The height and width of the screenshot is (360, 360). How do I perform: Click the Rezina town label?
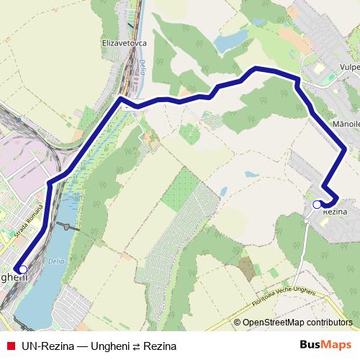tap(336, 212)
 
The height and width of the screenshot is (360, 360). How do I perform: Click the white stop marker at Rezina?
tap(317, 204)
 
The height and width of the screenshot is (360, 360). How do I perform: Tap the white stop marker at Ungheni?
tap(23, 269)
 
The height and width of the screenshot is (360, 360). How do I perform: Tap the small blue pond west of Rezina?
tap(252, 174)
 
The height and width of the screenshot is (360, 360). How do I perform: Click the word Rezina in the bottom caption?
tap(160, 346)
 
